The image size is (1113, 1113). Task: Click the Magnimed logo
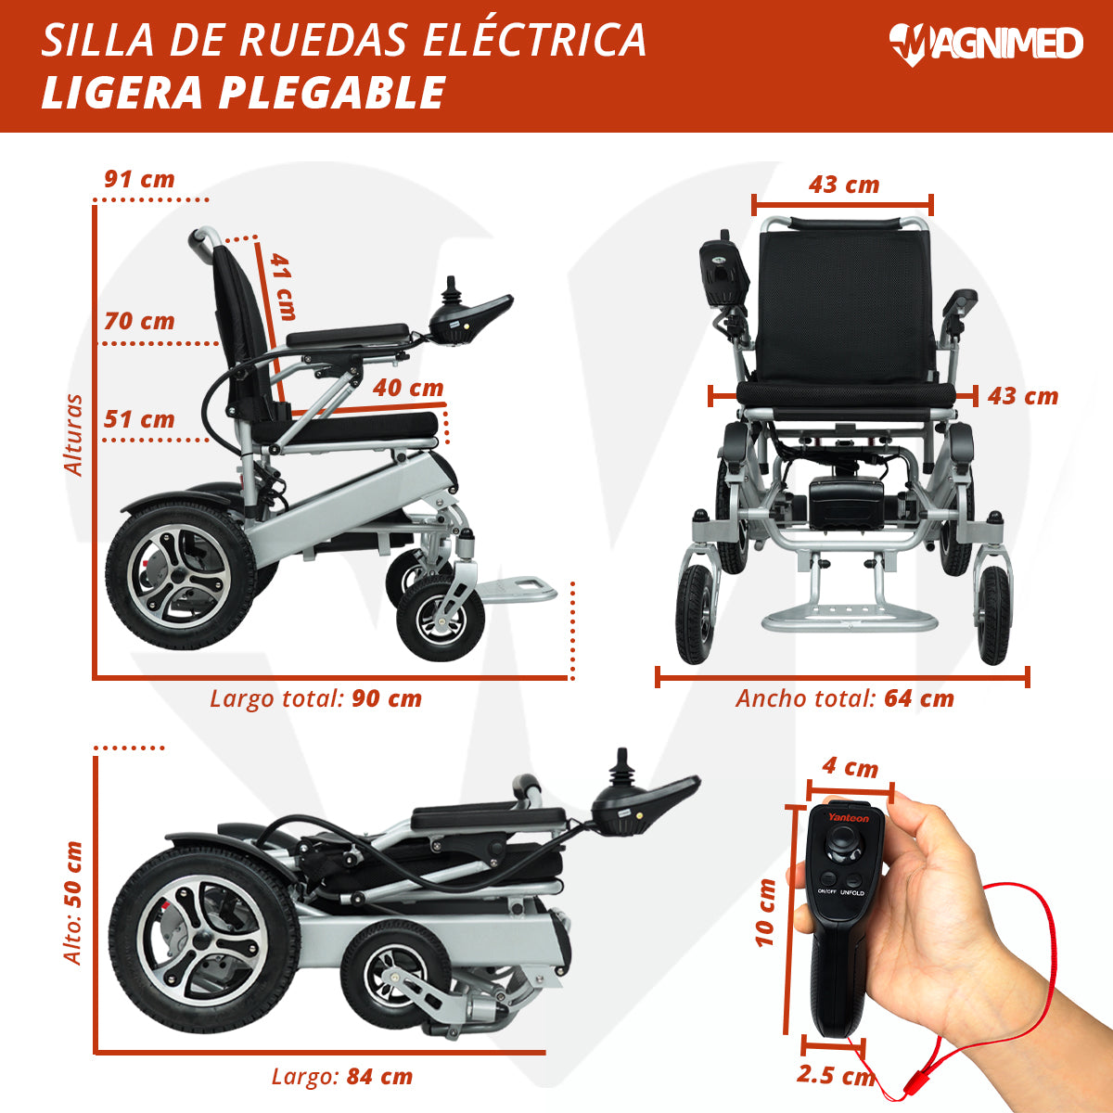tap(985, 45)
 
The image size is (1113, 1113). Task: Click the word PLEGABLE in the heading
tap(331, 93)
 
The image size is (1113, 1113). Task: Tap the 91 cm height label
tap(139, 179)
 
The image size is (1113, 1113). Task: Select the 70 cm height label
tap(139, 321)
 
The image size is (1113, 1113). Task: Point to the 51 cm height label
tap(139, 419)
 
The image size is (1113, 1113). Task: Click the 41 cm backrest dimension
tap(283, 286)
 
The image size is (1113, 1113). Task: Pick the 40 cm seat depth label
tap(408, 388)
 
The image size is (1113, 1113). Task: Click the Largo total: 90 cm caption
tap(316, 698)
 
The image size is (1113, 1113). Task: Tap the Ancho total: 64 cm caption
tap(845, 698)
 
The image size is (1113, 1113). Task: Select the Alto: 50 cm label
tap(73, 902)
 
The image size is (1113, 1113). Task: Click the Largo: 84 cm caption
tap(342, 1077)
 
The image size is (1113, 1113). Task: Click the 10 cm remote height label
tap(765, 913)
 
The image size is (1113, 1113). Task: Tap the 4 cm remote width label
tap(851, 767)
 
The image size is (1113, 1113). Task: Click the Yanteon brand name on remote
tap(849, 817)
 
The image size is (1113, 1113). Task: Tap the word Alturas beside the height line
tap(74, 436)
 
